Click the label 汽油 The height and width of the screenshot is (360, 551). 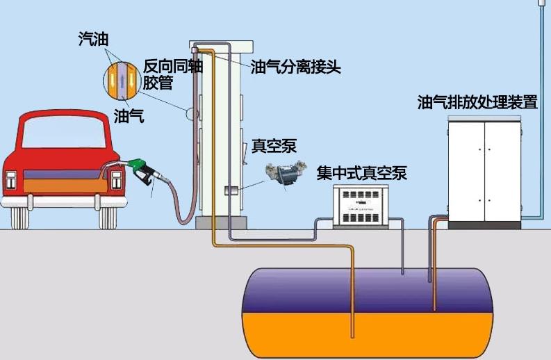pos(92,39)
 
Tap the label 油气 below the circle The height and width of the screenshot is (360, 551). pos(129,116)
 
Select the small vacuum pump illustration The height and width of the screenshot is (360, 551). pos(286,173)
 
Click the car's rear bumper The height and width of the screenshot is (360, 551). pos(63,202)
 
